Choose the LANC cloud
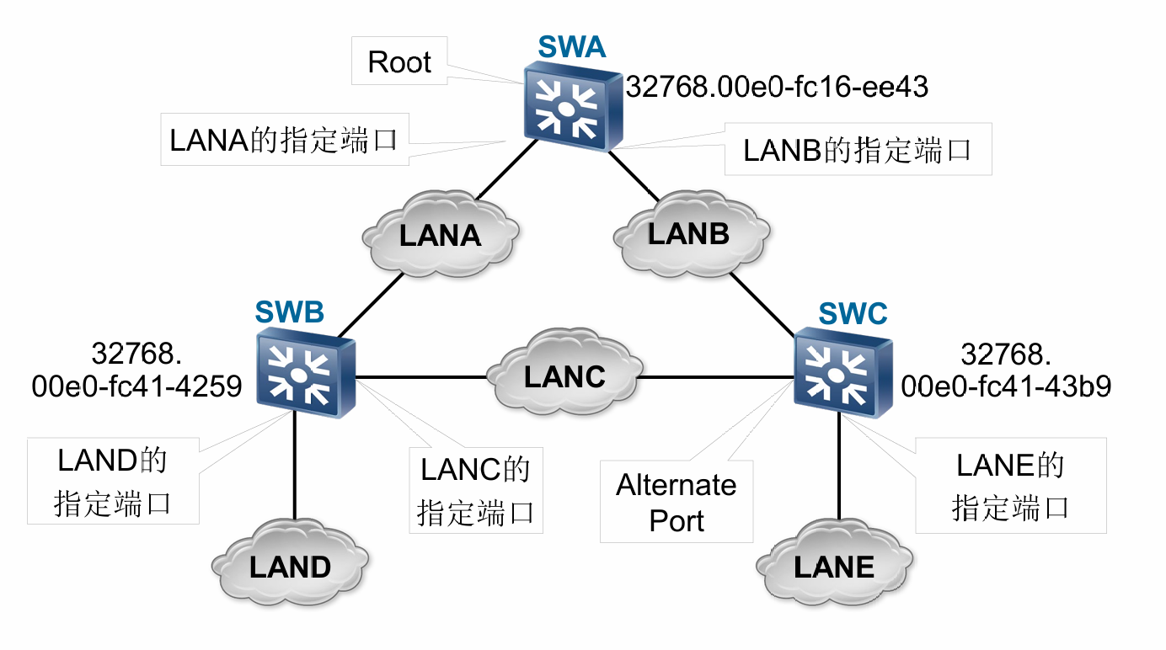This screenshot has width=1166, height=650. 564,376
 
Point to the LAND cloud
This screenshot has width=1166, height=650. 289,566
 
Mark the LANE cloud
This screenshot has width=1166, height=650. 834,566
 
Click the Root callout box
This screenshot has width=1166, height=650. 399,62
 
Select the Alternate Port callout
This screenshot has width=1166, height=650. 676,502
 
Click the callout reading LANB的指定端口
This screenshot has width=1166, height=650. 858,150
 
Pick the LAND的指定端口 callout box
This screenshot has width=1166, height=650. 113,481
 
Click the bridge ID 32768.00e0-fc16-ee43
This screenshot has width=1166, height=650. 776,85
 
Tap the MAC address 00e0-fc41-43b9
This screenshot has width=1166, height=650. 1006,386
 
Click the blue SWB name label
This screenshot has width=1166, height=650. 289,312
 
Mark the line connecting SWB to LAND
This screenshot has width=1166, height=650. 295,472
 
